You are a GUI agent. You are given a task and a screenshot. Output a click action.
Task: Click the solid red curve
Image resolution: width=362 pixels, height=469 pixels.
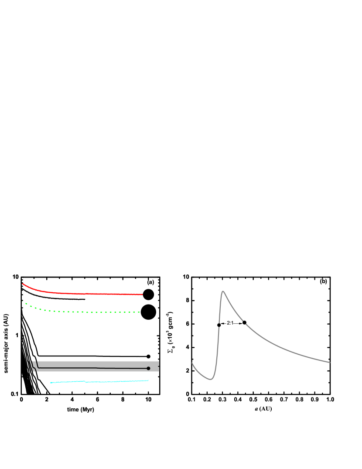coord(87,294)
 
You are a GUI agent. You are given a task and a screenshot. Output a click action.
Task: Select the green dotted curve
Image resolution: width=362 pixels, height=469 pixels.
coord(87,312)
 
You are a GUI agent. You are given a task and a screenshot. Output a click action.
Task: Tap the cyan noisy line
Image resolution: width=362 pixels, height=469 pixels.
coord(100,382)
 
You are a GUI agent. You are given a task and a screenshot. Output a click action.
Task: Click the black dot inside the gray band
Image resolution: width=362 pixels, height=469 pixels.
coord(148,369)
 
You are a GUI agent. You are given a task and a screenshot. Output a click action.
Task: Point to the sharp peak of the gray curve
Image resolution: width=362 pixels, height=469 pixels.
coord(223,291)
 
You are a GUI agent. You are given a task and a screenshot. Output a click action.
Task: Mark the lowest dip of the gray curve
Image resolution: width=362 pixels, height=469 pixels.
coord(211,379)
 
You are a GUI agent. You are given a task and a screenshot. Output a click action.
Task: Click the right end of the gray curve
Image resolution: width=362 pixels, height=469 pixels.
coord(330,362)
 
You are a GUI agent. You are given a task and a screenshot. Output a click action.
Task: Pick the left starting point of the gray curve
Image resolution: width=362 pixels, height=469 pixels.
coord(192,363)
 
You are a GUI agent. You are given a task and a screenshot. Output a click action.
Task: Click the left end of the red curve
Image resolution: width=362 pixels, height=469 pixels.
coord(23,284)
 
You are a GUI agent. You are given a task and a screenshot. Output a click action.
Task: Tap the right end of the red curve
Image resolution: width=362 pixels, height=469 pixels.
coord(142,294)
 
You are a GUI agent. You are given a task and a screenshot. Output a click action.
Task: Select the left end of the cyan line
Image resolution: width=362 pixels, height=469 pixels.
coord(51,383)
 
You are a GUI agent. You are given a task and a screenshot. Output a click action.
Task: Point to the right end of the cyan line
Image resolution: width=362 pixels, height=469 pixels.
coord(148,380)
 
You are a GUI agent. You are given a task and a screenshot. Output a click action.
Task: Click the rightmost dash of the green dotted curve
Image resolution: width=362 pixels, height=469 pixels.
coord(139,312)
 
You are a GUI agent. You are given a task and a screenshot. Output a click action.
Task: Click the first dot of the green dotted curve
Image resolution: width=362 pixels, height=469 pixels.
coord(22,301)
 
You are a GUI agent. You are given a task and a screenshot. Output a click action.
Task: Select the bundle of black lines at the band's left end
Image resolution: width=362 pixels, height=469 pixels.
coord(31,366)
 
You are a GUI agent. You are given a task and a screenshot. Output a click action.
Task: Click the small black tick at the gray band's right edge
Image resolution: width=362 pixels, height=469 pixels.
coord(158,366)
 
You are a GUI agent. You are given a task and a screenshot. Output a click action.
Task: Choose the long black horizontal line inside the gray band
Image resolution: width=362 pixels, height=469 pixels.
coord(96,368)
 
